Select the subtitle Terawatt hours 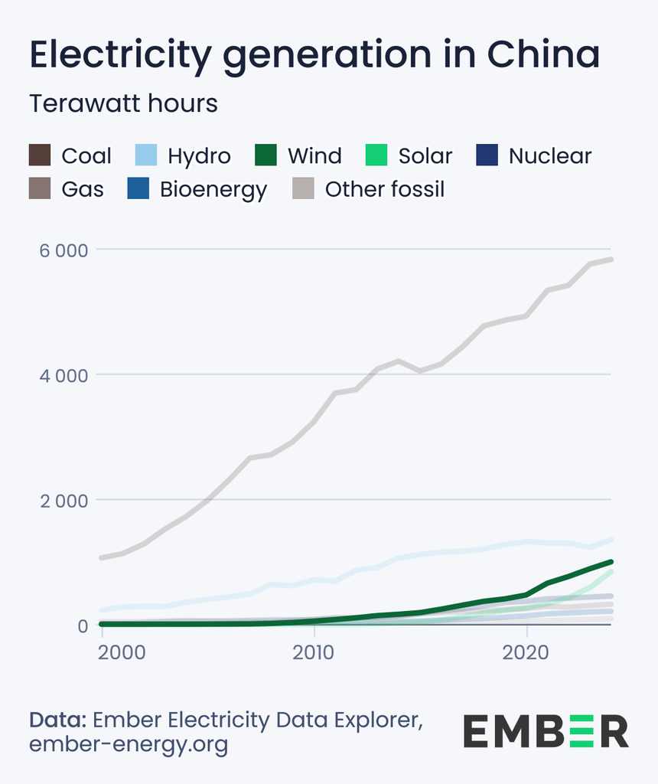click(x=123, y=103)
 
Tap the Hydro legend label click(x=199, y=156)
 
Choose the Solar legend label click(x=425, y=156)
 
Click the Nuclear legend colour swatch click(x=487, y=155)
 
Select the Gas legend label click(x=83, y=189)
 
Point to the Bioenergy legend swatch click(x=138, y=188)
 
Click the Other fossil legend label click(x=385, y=189)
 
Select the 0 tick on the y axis click(x=83, y=626)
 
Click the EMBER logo click(x=546, y=730)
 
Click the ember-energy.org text click(x=129, y=744)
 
